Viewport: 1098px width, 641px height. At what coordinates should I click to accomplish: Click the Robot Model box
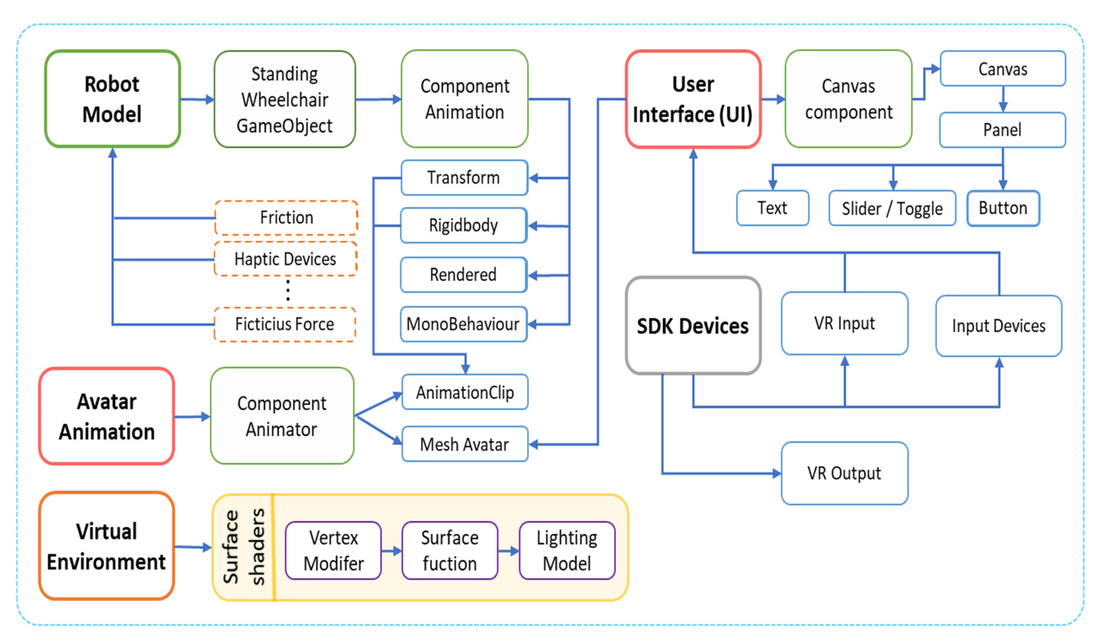click(112, 99)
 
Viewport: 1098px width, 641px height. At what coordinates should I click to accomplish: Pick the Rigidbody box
click(464, 225)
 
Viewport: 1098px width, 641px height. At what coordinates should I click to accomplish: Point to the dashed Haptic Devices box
click(285, 259)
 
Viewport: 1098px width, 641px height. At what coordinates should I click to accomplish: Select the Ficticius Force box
click(284, 325)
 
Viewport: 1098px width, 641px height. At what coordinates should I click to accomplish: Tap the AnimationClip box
click(465, 392)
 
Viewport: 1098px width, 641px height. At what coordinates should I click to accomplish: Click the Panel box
click(1002, 130)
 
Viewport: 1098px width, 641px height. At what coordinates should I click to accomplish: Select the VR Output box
click(844, 473)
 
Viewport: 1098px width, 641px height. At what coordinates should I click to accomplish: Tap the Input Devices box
click(998, 326)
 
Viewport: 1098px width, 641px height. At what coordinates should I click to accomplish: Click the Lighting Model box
click(567, 550)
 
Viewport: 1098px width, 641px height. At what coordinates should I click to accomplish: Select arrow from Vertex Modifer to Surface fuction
click(391, 551)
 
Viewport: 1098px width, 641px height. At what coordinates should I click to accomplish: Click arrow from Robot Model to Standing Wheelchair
click(197, 99)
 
